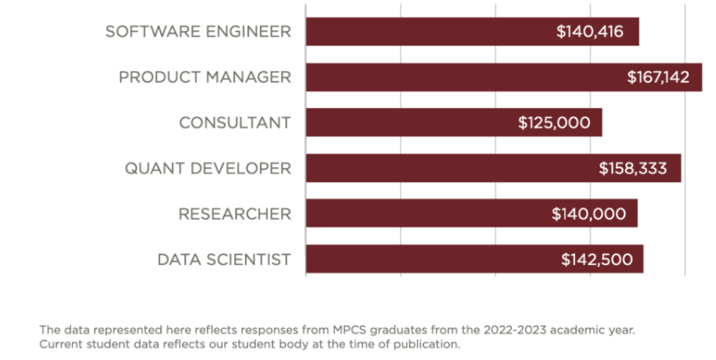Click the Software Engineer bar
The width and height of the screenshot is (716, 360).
420,32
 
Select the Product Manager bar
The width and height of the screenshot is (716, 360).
453,77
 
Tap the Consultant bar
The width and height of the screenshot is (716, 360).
403,123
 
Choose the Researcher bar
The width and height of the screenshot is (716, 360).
420,213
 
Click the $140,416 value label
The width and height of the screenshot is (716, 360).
592,32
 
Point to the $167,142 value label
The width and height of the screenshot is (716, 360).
658,77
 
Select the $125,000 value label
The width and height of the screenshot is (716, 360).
555,123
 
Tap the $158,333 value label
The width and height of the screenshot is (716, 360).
633,168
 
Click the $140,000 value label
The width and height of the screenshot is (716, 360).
588,213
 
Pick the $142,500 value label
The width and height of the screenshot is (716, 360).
597,258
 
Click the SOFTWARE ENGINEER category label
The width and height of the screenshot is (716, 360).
198,32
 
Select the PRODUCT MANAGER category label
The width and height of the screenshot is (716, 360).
205,77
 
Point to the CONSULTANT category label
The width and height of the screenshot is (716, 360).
235,123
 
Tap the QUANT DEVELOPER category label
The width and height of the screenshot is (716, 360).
208,168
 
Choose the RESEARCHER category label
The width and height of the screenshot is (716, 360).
235,213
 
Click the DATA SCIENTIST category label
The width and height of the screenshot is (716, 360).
224,258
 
